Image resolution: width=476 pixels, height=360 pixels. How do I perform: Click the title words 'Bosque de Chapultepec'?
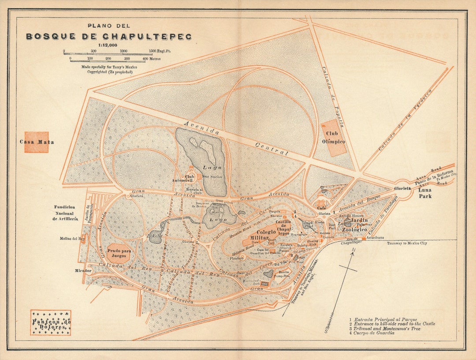click(109, 37)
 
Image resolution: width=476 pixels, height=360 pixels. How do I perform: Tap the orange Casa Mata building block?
click(36, 142)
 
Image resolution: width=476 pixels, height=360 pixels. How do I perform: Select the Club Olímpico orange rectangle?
click(334, 138)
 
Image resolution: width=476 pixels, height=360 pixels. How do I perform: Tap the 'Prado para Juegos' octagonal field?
click(120, 253)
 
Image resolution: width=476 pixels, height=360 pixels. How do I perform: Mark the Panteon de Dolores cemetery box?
click(51, 323)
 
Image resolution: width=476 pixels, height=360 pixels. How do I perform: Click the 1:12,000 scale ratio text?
click(108, 45)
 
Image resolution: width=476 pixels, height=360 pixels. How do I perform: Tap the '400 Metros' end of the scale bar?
click(152, 59)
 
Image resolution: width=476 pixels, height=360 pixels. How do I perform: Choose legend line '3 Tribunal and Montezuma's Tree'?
click(385, 329)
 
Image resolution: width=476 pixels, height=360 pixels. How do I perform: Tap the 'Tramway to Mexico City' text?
click(407, 243)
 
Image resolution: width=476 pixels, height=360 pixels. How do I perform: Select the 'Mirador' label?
click(83, 270)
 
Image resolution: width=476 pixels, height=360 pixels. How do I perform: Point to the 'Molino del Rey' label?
click(70, 239)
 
